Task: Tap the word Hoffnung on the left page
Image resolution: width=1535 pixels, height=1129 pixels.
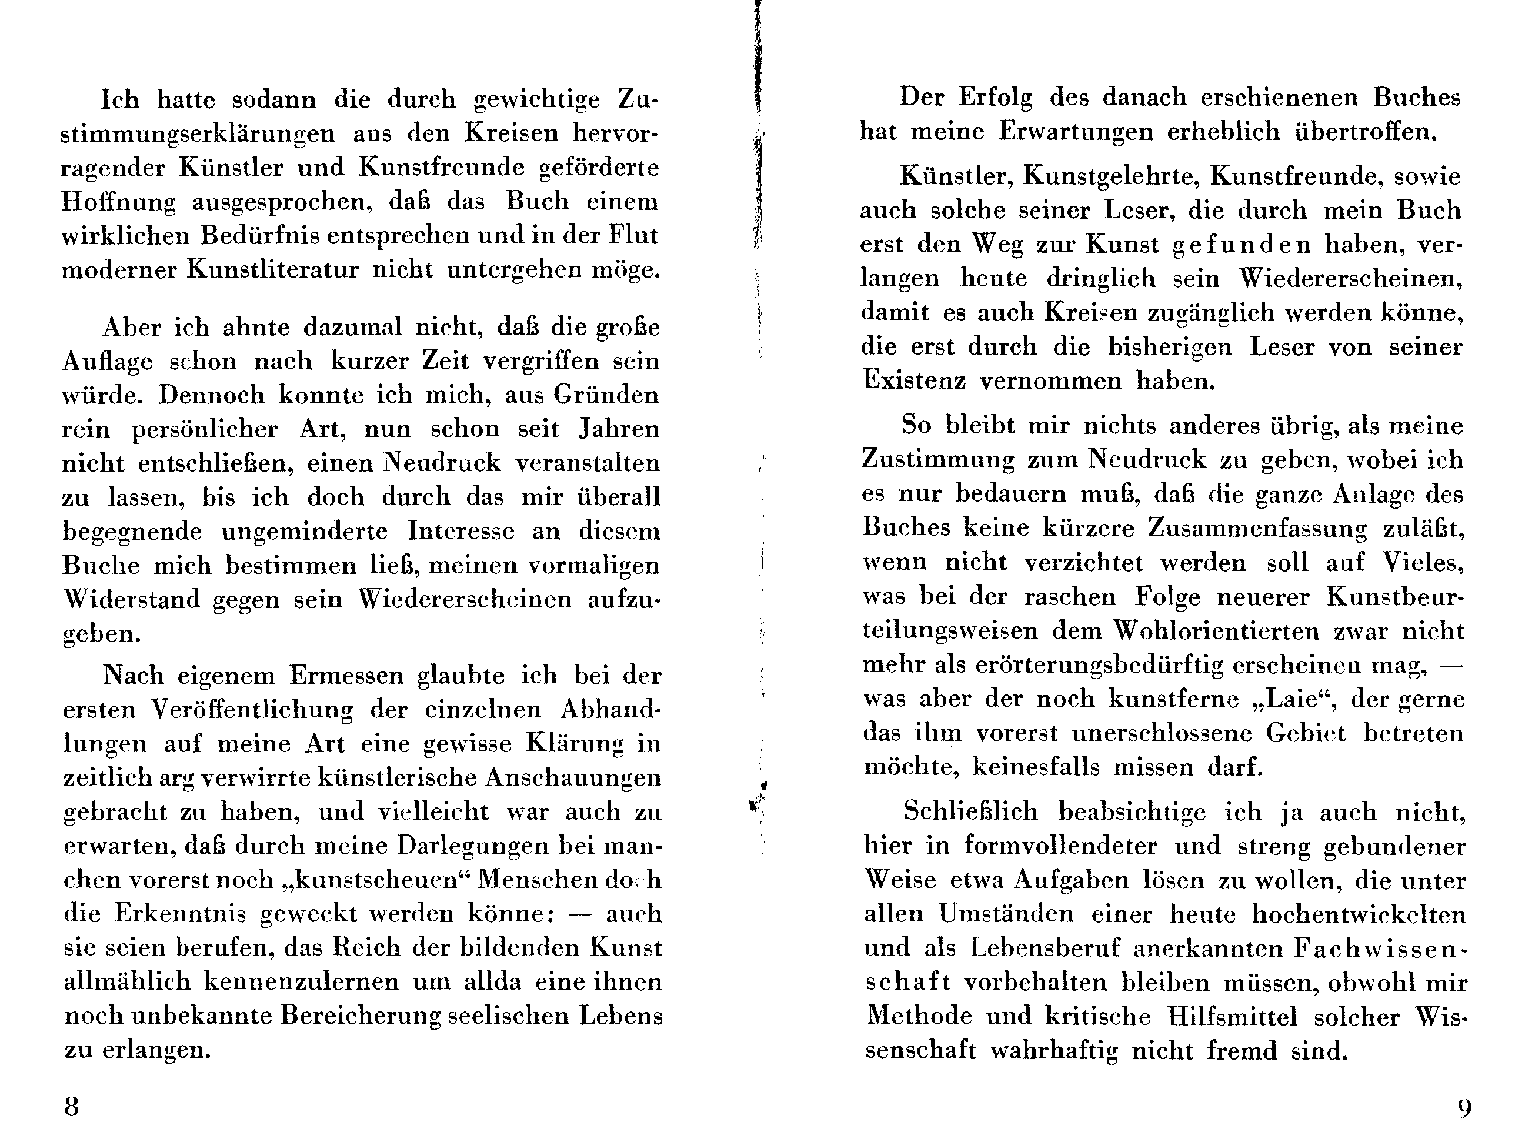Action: pos(118,202)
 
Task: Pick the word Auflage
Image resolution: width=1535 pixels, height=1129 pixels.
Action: pos(107,362)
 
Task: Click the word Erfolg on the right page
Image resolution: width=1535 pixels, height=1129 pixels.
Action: pos(995,98)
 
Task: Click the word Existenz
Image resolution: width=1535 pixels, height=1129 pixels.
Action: pos(915,380)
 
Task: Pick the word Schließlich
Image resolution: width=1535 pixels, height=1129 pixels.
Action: pos(970,811)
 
